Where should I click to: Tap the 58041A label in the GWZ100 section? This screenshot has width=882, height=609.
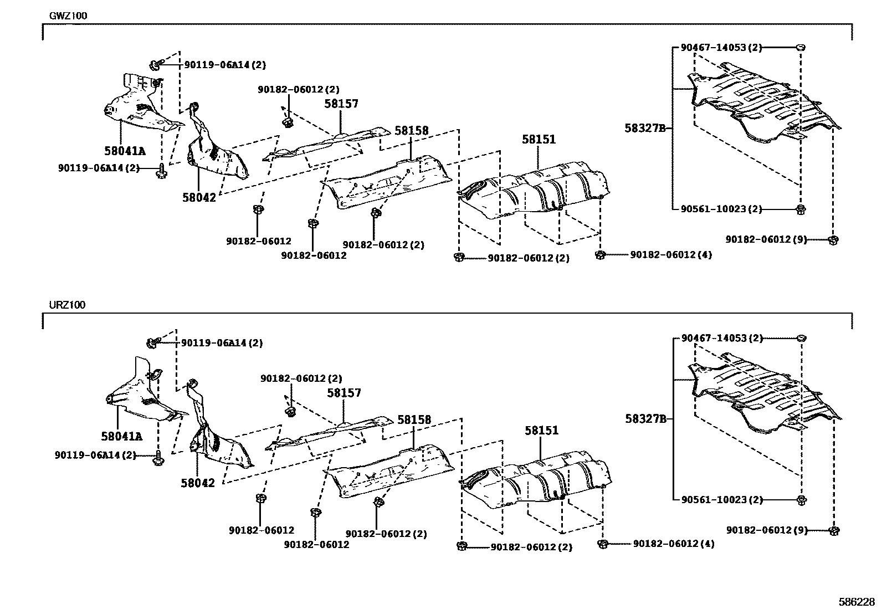(124, 150)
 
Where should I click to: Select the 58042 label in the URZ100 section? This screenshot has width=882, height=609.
(197, 483)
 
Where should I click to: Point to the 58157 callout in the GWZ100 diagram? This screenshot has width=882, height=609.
(341, 104)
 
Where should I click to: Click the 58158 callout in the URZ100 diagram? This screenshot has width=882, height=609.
(414, 420)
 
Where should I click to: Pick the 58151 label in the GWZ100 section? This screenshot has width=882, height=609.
(538, 140)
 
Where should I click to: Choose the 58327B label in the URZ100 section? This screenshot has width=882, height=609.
(645, 419)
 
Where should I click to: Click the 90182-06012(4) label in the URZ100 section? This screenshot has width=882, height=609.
(673, 544)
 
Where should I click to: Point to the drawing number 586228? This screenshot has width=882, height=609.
(856, 601)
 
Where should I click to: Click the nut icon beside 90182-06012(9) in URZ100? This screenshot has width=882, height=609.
(834, 530)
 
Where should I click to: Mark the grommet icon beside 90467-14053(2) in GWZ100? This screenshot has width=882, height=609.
(800, 48)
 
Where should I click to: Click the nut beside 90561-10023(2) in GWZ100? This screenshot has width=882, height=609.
(801, 209)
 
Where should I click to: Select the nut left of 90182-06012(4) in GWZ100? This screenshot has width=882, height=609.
(600, 255)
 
